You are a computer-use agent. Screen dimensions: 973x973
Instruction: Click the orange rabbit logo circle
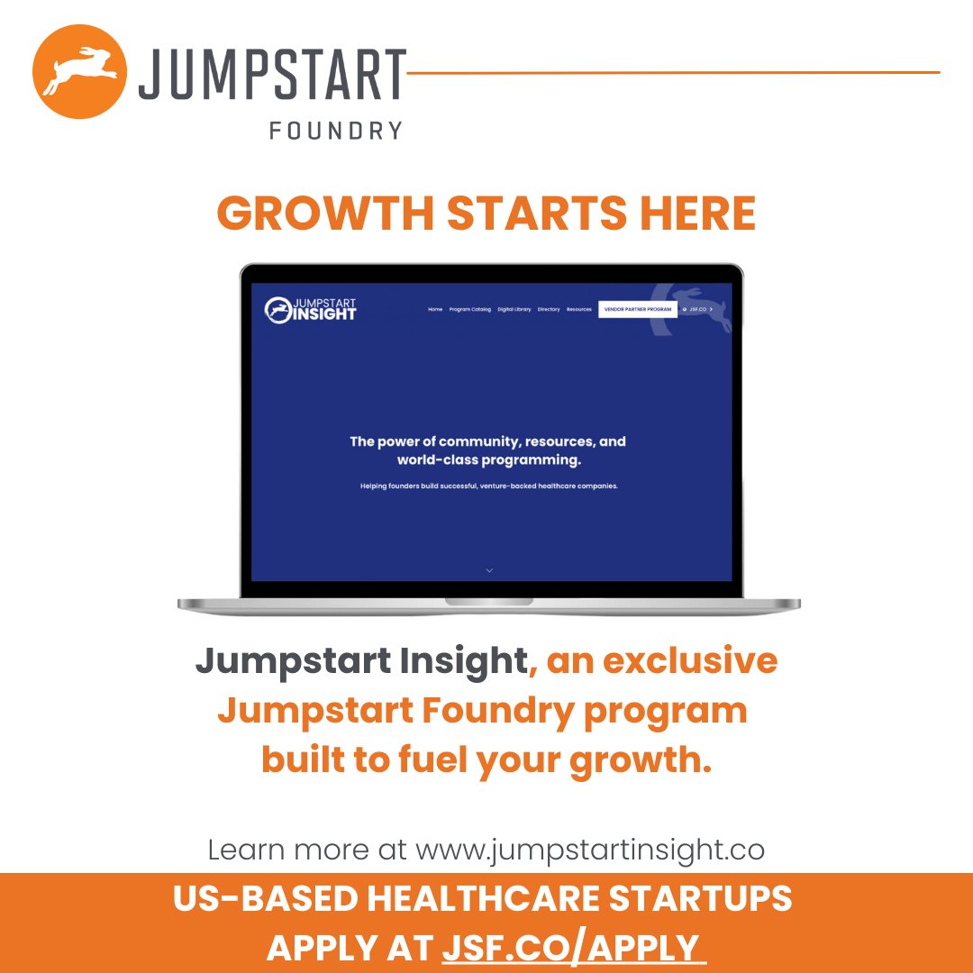pyautogui.click(x=78, y=72)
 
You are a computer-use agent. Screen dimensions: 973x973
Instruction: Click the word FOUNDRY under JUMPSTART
pyautogui.click(x=335, y=131)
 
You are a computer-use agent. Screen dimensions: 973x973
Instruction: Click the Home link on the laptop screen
pyautogui.click(x=435, y=309)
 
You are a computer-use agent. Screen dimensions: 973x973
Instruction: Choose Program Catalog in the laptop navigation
pyautogui.click(x=470, y=309)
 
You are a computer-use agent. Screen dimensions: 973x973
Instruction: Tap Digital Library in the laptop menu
pyautogui.click(x=514, y=309)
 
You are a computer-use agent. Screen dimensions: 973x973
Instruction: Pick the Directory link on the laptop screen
pyautogui.click(x=549, y=309)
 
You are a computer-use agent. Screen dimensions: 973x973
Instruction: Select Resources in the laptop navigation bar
pyautogui.click(x=579, y=309)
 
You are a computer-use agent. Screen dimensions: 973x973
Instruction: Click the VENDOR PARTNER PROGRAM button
pyautogui.click(x=638, y=309)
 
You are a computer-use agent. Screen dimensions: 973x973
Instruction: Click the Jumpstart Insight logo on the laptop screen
pyautogui.click(x=311, y=309)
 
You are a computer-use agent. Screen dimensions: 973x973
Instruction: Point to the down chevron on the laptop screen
pyautogui.click(x=489, y=569)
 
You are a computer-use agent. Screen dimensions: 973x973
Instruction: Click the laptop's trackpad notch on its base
pyautogui.click(x=488, y=601)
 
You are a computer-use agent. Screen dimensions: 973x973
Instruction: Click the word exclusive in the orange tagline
pyautogui.click(x=690, y=661)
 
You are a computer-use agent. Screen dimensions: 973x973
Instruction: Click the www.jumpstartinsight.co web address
pyautogui.click(x=590, y=849)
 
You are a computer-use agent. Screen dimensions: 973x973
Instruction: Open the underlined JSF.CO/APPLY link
pyautogui.click(x=572, y=947)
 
